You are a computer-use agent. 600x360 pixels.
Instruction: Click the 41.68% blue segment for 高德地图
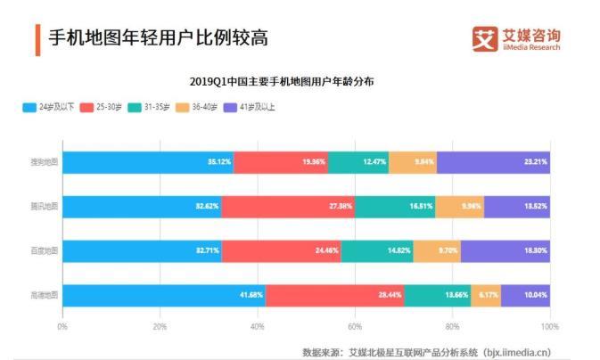tap(164, 294)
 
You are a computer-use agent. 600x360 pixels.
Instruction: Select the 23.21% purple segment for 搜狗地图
tap(493, 162)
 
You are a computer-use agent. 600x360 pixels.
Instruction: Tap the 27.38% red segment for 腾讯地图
tap(288, 207)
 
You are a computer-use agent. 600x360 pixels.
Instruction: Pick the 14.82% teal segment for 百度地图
tap(377, 250)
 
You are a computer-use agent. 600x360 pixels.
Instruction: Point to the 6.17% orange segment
tap(485, 294)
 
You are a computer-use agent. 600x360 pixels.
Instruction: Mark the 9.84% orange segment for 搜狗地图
tap(413, 162)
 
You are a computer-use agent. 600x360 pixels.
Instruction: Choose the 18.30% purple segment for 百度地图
tap(505, 250)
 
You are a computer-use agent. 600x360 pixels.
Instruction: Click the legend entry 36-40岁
tap(206, 108)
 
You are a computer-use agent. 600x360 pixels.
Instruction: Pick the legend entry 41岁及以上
tap(259, 108)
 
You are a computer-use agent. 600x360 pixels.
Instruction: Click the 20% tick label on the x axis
tap(160, 327)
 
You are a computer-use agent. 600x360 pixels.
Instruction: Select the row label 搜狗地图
tap(44, 162)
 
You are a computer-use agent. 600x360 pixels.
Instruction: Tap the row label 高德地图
tap(44, 294)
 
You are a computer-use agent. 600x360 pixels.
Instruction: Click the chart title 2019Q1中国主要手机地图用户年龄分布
tap(282, 81)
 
